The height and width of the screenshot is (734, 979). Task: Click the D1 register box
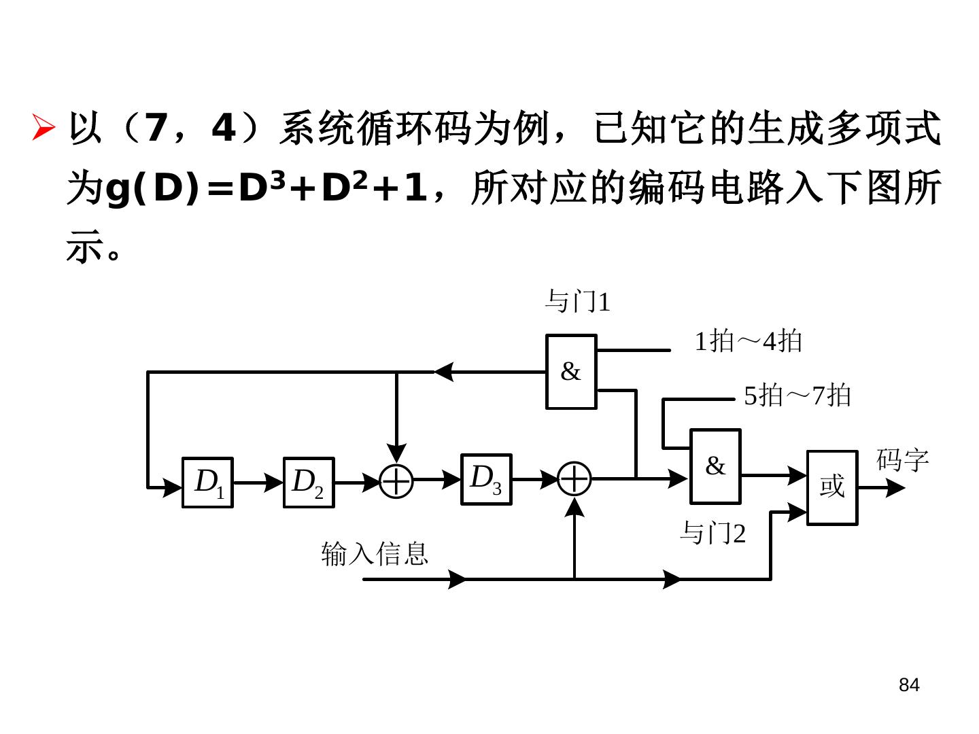(207, 483)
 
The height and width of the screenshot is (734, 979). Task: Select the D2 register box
(308, 483)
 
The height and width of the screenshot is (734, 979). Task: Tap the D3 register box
(486, 480)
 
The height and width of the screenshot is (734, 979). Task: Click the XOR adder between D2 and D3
(396, 482)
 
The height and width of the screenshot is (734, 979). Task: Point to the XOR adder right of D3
(574, 479)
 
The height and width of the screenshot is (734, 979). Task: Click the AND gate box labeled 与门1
(571, 372)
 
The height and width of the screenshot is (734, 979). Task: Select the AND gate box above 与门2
(715, 466)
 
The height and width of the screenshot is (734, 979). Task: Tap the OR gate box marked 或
(831, 487)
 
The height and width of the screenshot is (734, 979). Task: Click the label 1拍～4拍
(748, 341)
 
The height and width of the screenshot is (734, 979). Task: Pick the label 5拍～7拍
(797, 396)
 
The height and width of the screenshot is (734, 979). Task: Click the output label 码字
(902, 460)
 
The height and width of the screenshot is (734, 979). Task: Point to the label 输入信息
(375, 553)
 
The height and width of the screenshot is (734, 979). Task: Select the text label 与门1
(577, 302)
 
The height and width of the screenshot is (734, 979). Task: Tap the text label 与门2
(712, 534)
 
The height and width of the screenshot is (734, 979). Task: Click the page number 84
(908, 685)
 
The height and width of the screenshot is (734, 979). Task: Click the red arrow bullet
(44, 128)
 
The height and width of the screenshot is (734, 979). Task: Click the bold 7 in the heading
(156, 128)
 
